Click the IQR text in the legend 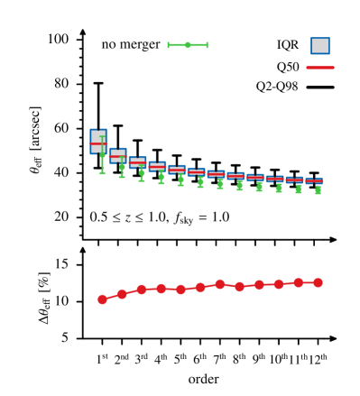tap(288, 45)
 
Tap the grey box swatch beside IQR tap(320, 45)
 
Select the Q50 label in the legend tap(288, 67)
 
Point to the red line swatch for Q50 tap(320, 67)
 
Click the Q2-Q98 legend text tap(278, 87)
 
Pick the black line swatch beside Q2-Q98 tap(320, 87)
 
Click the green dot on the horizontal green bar tap(188, 45)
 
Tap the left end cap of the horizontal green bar tap(169, 45)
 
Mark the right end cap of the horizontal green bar tap(207, 45)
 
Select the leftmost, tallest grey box tap(98, 142)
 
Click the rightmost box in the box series tap(318, 181)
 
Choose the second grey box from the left tap(118, 155)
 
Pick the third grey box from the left tap(138, 162)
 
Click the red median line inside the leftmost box tap(98, 144)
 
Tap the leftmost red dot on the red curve tap(102, 299)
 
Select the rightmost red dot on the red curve tap(318, 282)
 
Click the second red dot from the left tap(122, 294)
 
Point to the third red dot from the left tap(142, 290)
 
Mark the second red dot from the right tap(298, 283)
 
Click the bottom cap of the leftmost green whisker tap(102, 173)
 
